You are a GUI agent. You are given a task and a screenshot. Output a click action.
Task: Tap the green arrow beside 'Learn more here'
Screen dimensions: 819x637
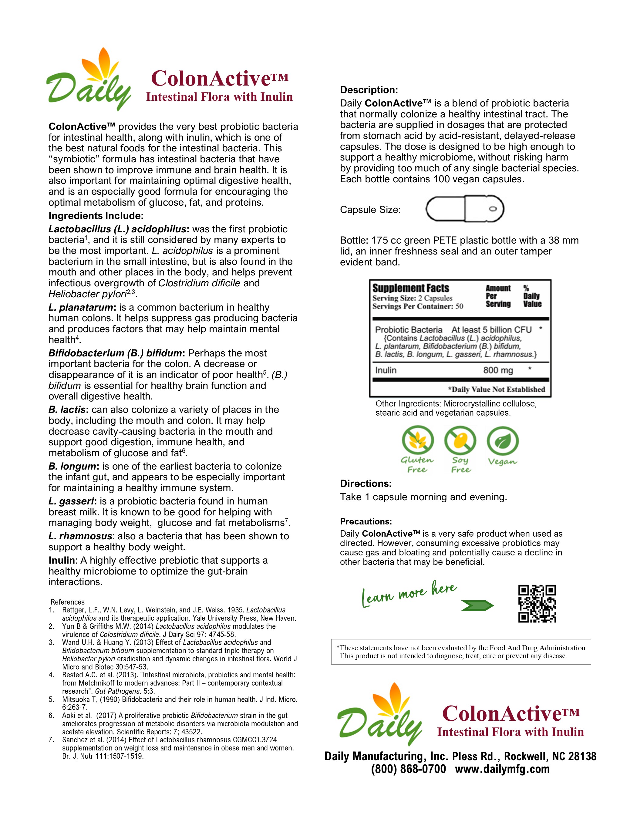(x=477, y=605)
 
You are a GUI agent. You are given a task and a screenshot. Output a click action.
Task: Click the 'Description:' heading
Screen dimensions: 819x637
(x=369, y=90)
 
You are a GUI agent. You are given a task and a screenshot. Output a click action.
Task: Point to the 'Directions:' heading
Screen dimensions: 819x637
(x=366, y=484)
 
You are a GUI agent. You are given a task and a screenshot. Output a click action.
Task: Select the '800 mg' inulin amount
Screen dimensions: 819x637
(x=497, y=370)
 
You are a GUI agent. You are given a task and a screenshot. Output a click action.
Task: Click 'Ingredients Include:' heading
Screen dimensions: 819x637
(x=96, y=216)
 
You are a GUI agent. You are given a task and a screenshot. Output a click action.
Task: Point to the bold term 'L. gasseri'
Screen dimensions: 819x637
(x=71, y=501)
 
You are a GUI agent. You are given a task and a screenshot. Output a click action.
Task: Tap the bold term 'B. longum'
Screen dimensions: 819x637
(x=72, y=466)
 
